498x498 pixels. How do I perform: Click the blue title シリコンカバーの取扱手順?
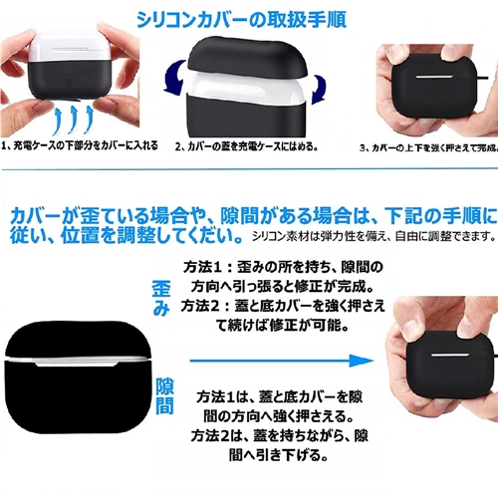(242, 20)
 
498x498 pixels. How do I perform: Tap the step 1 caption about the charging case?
(80, 145)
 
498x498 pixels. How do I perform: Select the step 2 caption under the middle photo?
(247, 146)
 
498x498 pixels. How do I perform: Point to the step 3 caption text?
(428, 147)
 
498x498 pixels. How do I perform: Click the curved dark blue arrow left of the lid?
(174, 77)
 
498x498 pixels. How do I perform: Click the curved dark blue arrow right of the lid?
(319, 90)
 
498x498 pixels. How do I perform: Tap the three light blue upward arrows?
(74, 121)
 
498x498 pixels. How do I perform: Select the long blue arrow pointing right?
(282, 361)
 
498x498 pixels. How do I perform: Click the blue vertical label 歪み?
(161, 299)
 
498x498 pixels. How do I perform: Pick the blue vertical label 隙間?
(165, 395)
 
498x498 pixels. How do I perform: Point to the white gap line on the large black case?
(77, 361)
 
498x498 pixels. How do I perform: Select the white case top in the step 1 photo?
(71, 47)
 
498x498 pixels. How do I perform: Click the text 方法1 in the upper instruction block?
(202, 267)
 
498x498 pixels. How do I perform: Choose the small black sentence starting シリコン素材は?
(374, 236)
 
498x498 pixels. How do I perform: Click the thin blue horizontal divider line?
(249, 169)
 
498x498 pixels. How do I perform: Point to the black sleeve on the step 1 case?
(71, 79)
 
